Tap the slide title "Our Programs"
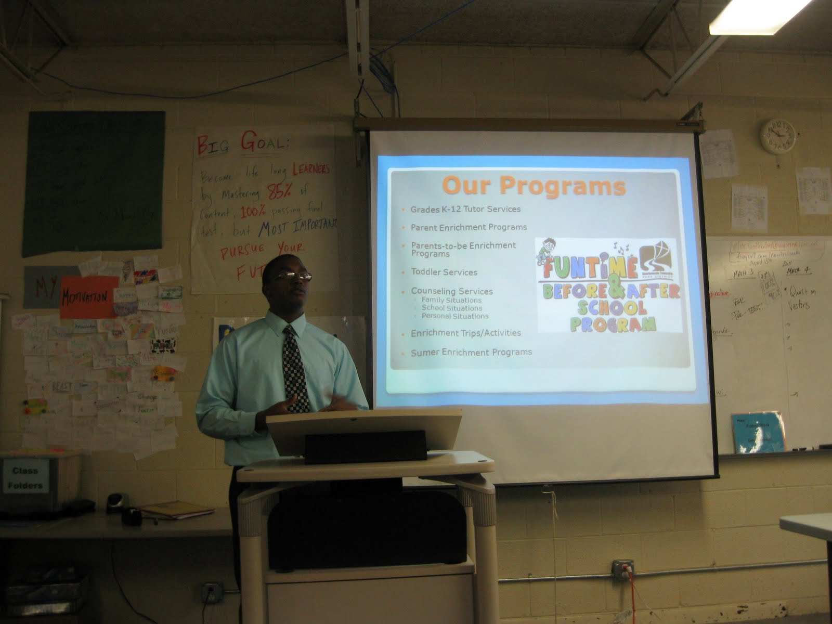(534, 186)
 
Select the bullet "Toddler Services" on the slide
(444, 272)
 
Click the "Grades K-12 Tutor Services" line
(465, 209)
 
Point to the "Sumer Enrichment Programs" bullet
(471, 352)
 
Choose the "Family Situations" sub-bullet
(451, 300)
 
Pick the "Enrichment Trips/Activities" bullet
(465, 333)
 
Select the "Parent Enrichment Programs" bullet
(469, 227)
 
